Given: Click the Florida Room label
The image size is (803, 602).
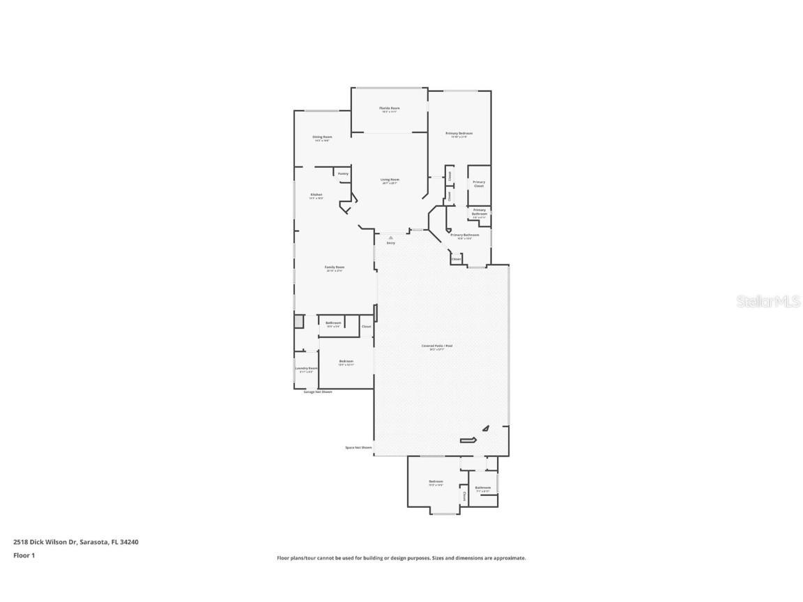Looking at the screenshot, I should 390,109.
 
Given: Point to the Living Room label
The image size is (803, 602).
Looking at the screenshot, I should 390,180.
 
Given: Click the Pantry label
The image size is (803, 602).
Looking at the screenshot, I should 343,173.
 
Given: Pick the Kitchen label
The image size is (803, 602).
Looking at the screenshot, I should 316,194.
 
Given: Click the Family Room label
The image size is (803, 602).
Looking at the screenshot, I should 335,268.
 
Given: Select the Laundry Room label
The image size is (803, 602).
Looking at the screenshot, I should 307,369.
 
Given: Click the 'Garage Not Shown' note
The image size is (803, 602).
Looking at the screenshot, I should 318,392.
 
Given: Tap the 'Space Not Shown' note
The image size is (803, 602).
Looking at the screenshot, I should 358,447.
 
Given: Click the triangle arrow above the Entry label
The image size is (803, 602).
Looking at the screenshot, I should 390,237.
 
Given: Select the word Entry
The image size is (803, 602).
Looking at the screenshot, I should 390,242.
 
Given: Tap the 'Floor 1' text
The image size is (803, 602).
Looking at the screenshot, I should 24,555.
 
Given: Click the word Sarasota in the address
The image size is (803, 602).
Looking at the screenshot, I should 93,541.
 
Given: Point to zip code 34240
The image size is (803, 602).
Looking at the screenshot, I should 129,541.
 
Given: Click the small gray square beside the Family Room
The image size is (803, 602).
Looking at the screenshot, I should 298,321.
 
